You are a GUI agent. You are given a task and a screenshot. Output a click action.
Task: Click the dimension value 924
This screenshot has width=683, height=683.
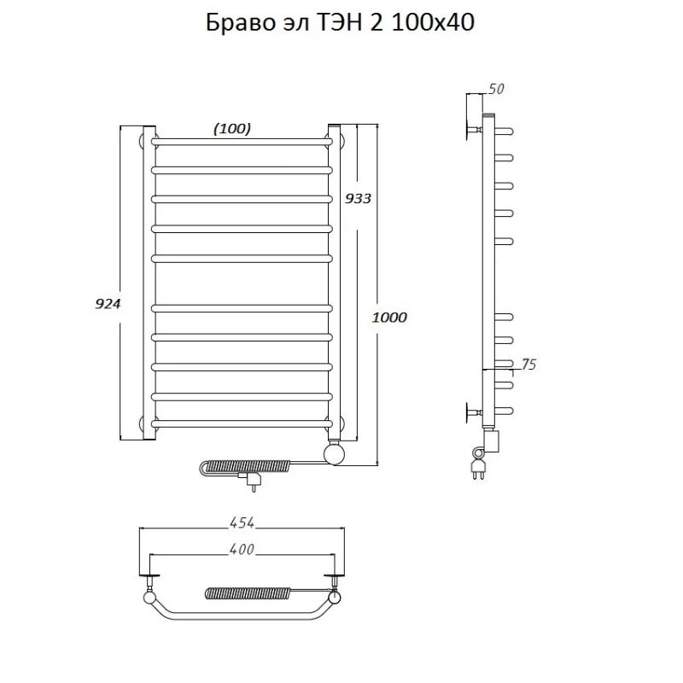click(108, 304)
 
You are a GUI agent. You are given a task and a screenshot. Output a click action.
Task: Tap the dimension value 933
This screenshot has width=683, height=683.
click(358, 198)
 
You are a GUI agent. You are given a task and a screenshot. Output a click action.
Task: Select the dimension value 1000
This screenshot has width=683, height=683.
click(389, 317)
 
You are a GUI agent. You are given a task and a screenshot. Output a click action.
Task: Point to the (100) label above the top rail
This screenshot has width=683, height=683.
click(232, 129)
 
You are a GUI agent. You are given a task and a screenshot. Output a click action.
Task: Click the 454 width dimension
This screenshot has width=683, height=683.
click(242, 522)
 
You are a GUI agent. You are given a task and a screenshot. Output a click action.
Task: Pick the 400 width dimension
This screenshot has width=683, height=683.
click(242, 549)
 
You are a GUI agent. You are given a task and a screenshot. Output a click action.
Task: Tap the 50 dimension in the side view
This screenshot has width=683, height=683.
click(496, 89)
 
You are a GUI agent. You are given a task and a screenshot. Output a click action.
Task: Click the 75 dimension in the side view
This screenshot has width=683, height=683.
click(528, 365)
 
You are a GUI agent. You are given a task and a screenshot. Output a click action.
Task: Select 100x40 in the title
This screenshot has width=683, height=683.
click(433, 23)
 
